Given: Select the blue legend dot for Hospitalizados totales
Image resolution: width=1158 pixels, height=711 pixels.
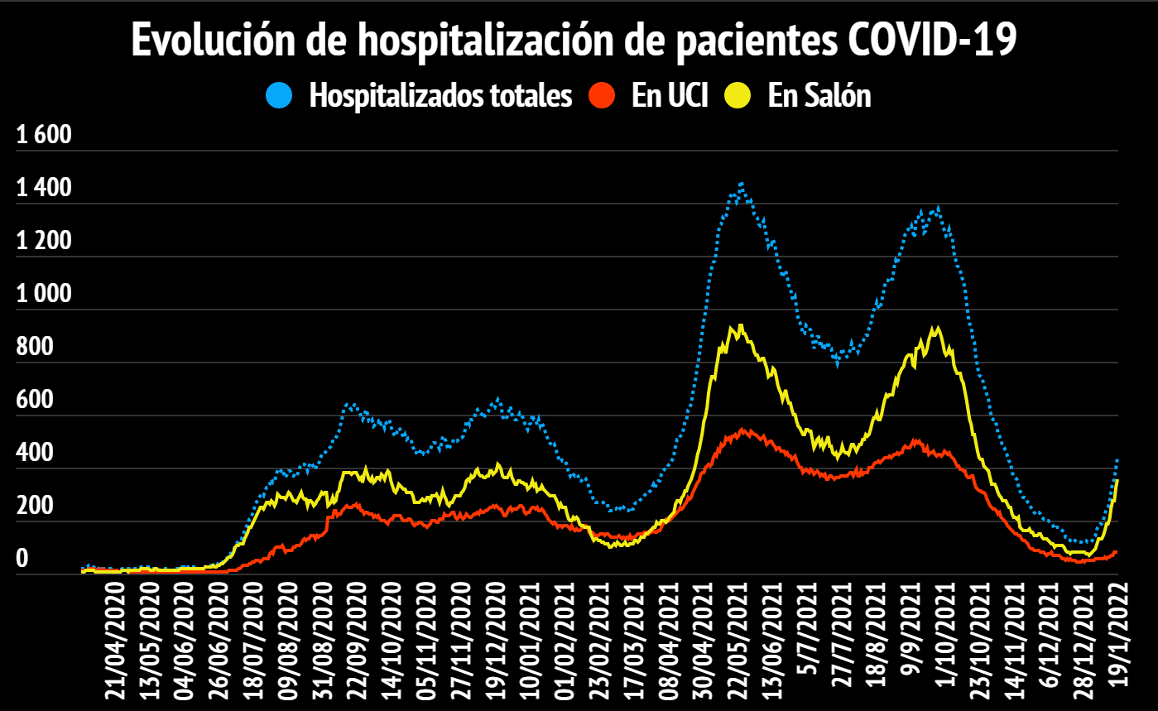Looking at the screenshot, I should coord(280,95).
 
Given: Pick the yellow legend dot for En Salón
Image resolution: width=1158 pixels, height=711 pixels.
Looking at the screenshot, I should coord(738,95).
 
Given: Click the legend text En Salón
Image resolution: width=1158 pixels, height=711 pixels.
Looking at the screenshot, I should coord(819,96).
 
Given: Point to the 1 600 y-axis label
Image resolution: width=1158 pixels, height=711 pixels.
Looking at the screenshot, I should coord(45,135).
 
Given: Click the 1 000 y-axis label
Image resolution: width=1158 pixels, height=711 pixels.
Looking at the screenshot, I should coord(45,294).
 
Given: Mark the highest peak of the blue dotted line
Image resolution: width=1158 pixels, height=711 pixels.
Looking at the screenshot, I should coord(741,183).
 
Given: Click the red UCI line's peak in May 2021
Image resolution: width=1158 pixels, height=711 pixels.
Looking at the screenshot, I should coord(742,430).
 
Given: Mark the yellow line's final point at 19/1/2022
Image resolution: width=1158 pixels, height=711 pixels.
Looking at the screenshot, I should coord(1117,480).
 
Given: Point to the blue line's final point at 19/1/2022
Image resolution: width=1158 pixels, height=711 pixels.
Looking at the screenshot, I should coord(1117,459).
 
